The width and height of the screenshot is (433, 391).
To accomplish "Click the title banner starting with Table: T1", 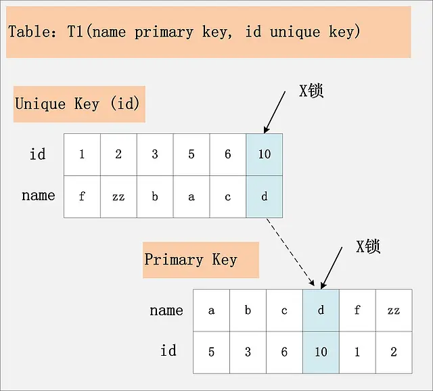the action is point(208,32).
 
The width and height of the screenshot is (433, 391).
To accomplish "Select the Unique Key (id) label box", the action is point(79,103).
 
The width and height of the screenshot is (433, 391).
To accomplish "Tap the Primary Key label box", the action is point(200,260).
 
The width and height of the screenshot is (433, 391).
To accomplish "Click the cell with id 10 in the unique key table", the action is point(265,154).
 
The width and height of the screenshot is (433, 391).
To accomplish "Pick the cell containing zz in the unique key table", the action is point(118,197).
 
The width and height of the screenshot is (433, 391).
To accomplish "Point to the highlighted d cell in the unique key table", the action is point(265,197).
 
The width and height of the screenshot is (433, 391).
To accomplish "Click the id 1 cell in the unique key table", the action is point(82,154).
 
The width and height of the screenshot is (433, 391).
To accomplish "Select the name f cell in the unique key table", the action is point(82,197).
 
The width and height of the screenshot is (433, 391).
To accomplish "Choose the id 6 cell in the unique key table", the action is point(228,154).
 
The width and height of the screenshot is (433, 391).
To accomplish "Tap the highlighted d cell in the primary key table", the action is point(321,310).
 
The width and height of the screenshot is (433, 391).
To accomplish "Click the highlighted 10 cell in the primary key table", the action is point(321,352).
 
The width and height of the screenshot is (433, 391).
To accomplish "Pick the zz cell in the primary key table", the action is point(394,310).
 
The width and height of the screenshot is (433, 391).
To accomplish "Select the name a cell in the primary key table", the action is point(211,310).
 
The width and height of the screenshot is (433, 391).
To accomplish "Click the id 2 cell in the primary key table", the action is point(394,352).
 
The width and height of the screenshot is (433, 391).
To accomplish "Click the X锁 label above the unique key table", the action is point(312,91).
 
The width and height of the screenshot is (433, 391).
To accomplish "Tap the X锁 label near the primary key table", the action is point(369,246).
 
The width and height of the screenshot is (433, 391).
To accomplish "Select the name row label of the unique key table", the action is point(38,195).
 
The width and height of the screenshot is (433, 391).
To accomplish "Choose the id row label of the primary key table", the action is point(168,350).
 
